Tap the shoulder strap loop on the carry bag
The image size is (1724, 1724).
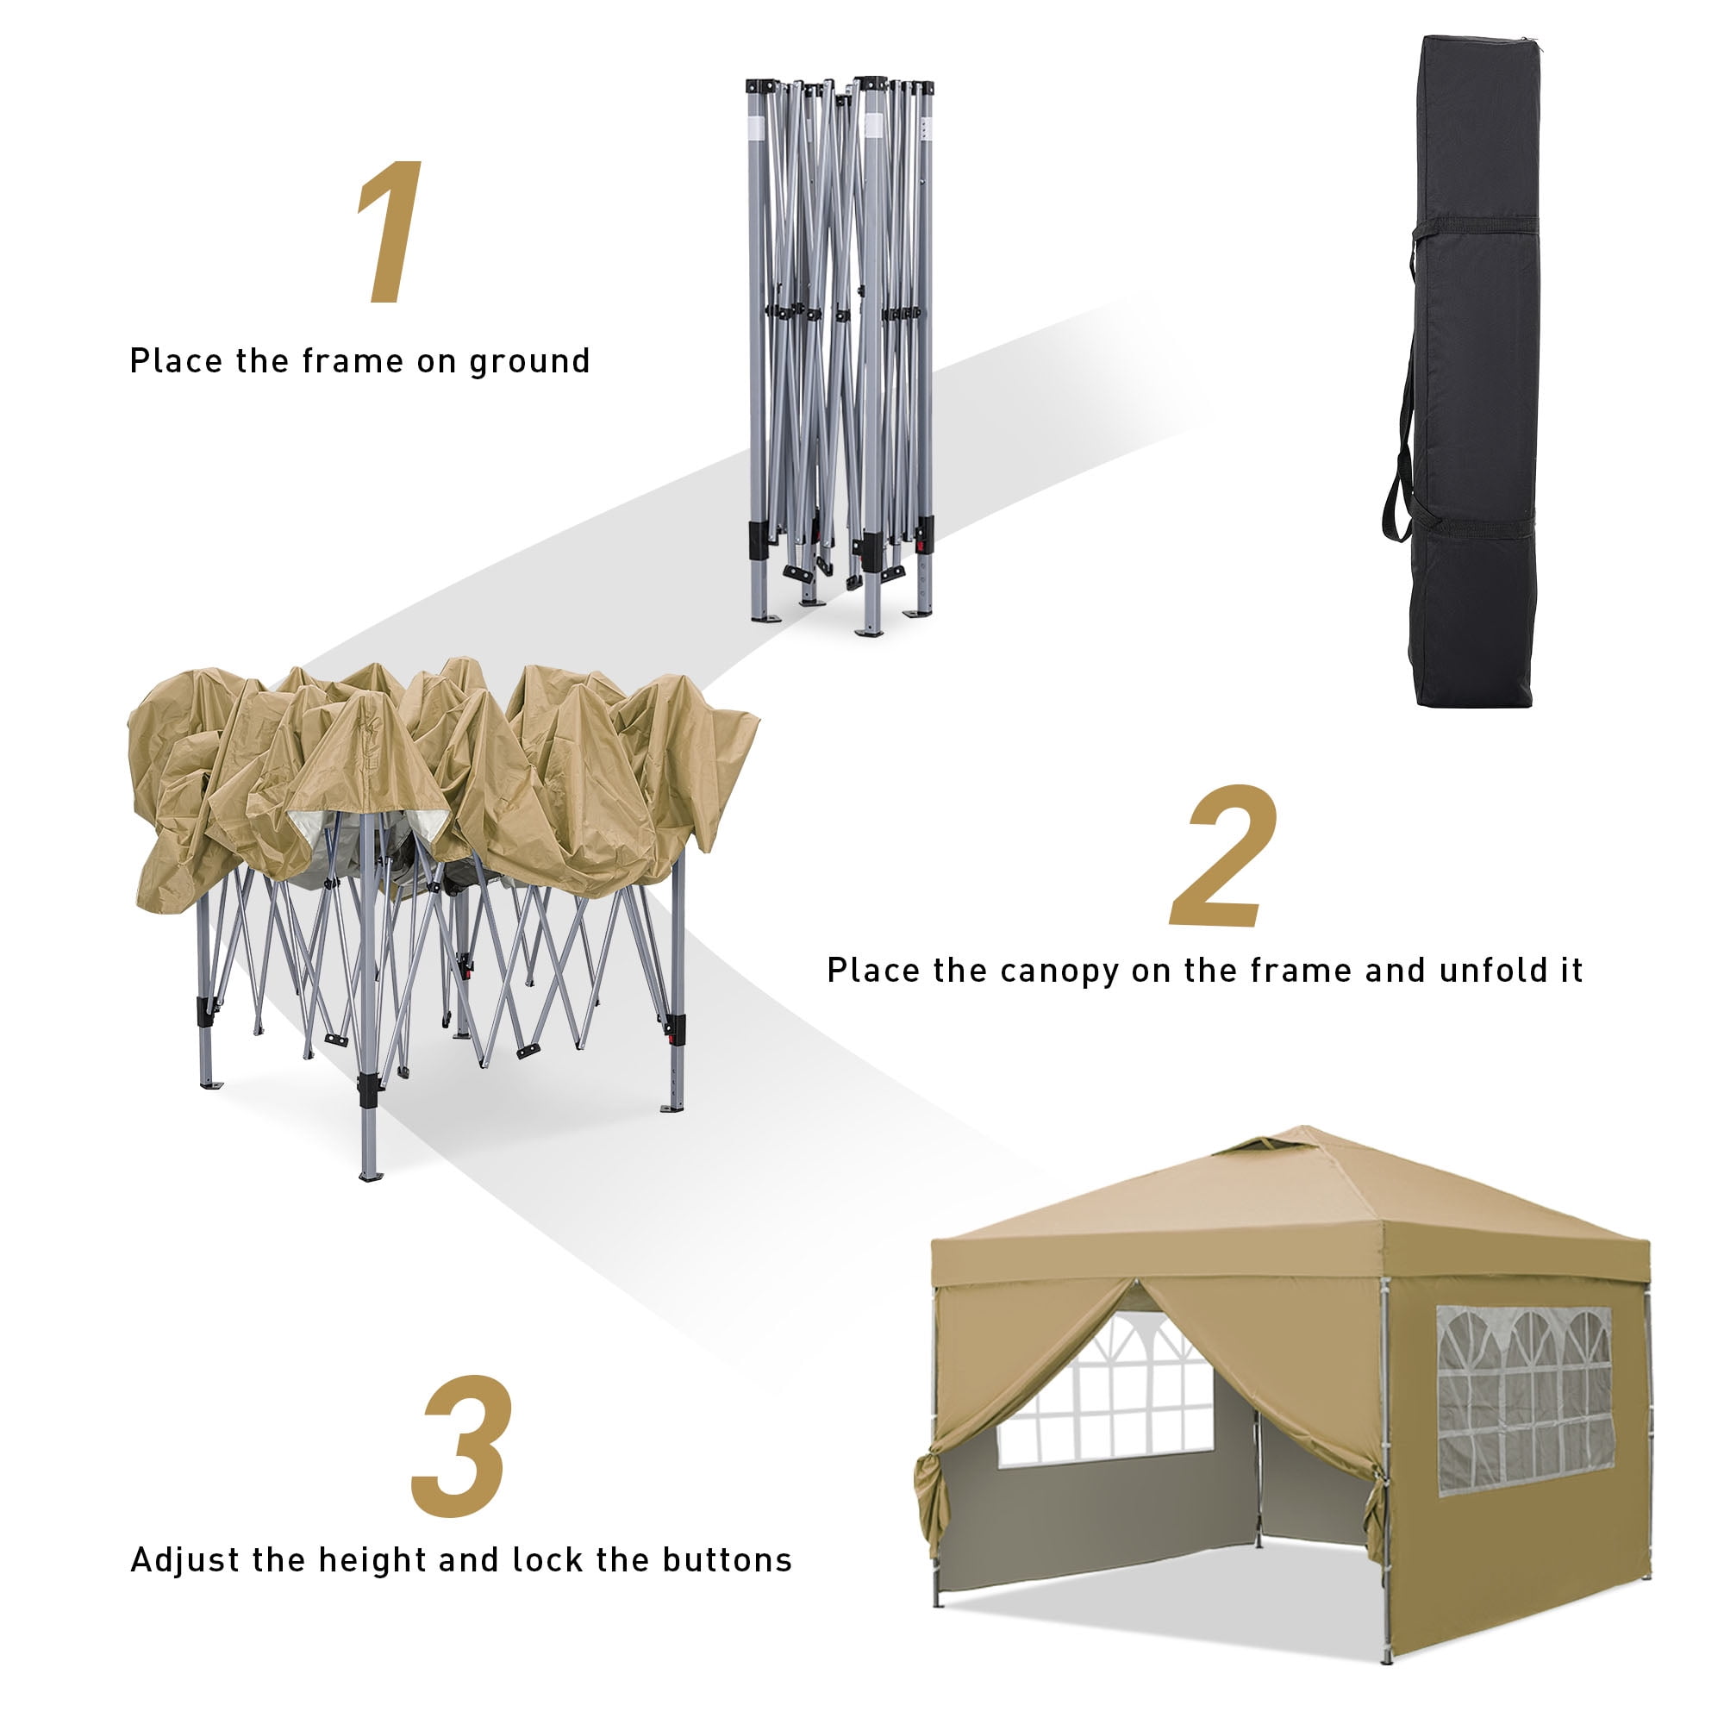[x=1401, y=384]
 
